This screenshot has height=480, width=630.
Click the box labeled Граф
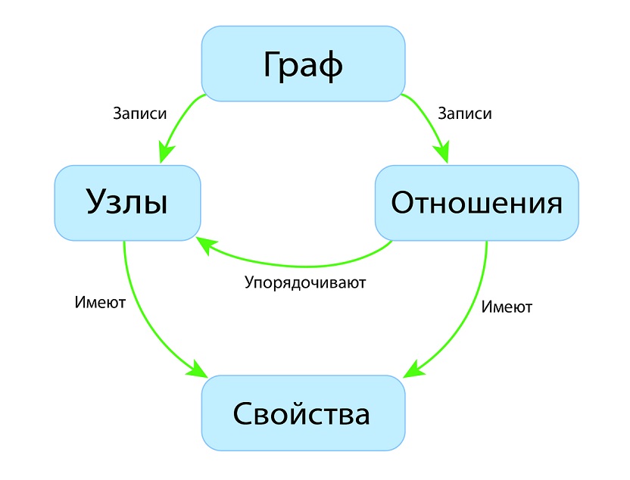(304, 64)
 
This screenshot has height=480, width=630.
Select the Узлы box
(127, 203)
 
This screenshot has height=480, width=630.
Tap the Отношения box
(477, 203)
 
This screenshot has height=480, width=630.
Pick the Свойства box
(304, 413)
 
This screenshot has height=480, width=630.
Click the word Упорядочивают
(305, 283)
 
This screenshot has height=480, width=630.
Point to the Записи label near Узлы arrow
(140, 114)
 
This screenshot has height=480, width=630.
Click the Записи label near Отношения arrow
(465, 114)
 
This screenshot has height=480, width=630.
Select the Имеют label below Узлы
(100, 302)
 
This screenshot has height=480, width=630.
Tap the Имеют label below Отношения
(507, 307)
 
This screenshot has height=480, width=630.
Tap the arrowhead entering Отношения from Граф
(442, 152)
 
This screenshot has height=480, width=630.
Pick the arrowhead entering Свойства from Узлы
(198, 369)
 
